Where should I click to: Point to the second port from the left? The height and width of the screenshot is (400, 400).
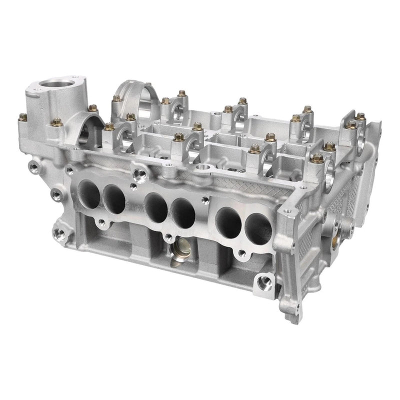[x=114, y=198]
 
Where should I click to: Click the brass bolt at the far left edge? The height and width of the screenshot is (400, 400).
[x=22, y=118]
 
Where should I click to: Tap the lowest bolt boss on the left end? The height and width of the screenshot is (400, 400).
[x=59, y=232]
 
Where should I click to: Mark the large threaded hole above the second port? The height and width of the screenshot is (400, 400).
[x=138, y=174]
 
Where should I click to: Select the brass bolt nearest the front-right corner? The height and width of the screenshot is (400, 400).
[x=317, y=158]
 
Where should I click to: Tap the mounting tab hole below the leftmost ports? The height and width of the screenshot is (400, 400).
[x=102, y=223]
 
